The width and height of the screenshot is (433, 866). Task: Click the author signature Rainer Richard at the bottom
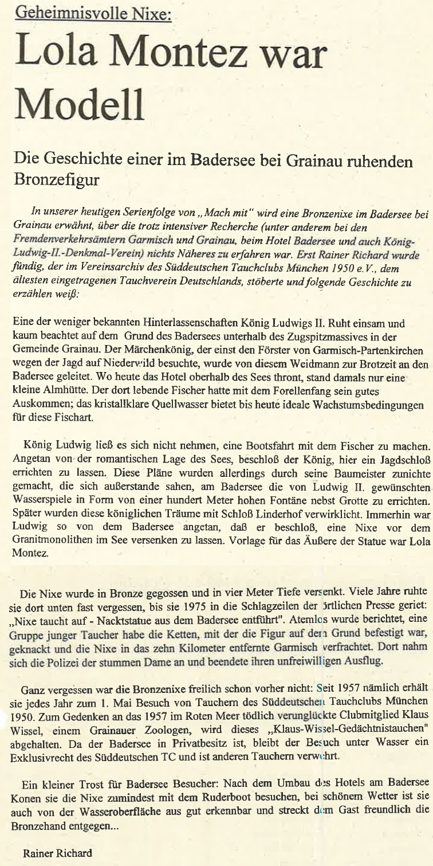(x=57, y=853)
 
